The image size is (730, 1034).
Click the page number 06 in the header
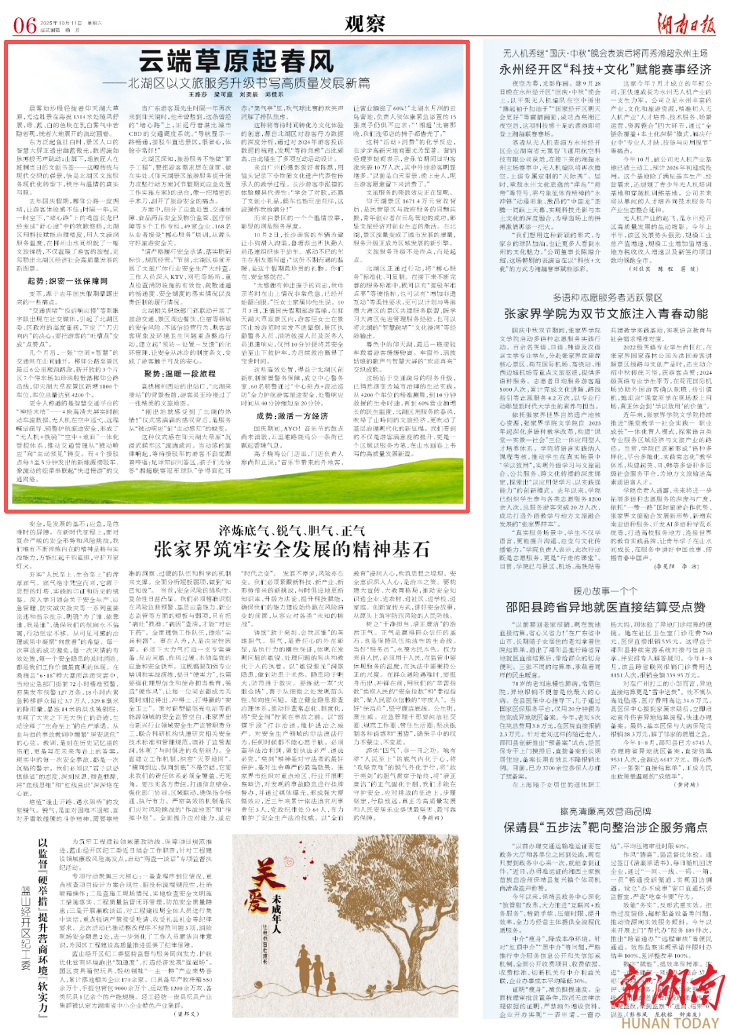(25, 26)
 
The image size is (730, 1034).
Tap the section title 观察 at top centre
(365, 24)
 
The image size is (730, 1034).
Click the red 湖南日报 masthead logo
(686, 24)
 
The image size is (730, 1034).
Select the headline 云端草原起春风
(237, 61)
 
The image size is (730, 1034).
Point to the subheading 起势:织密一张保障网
(68, 281)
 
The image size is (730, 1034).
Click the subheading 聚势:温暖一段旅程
(180, 373)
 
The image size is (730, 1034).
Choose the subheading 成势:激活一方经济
(292, 416)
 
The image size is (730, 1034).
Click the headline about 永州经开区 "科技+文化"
(605, 69)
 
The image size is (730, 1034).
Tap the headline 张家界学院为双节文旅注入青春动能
(606, 314)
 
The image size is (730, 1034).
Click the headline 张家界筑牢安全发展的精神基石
(291, 549)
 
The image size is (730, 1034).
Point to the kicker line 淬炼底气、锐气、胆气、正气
(291, 531)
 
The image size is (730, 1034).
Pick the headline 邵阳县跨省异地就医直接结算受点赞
(606, 607)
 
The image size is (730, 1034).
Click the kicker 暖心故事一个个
(606, 591)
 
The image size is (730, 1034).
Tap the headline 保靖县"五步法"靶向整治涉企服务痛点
(606, 827)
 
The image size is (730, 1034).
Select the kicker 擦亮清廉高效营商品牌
(606, 811)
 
